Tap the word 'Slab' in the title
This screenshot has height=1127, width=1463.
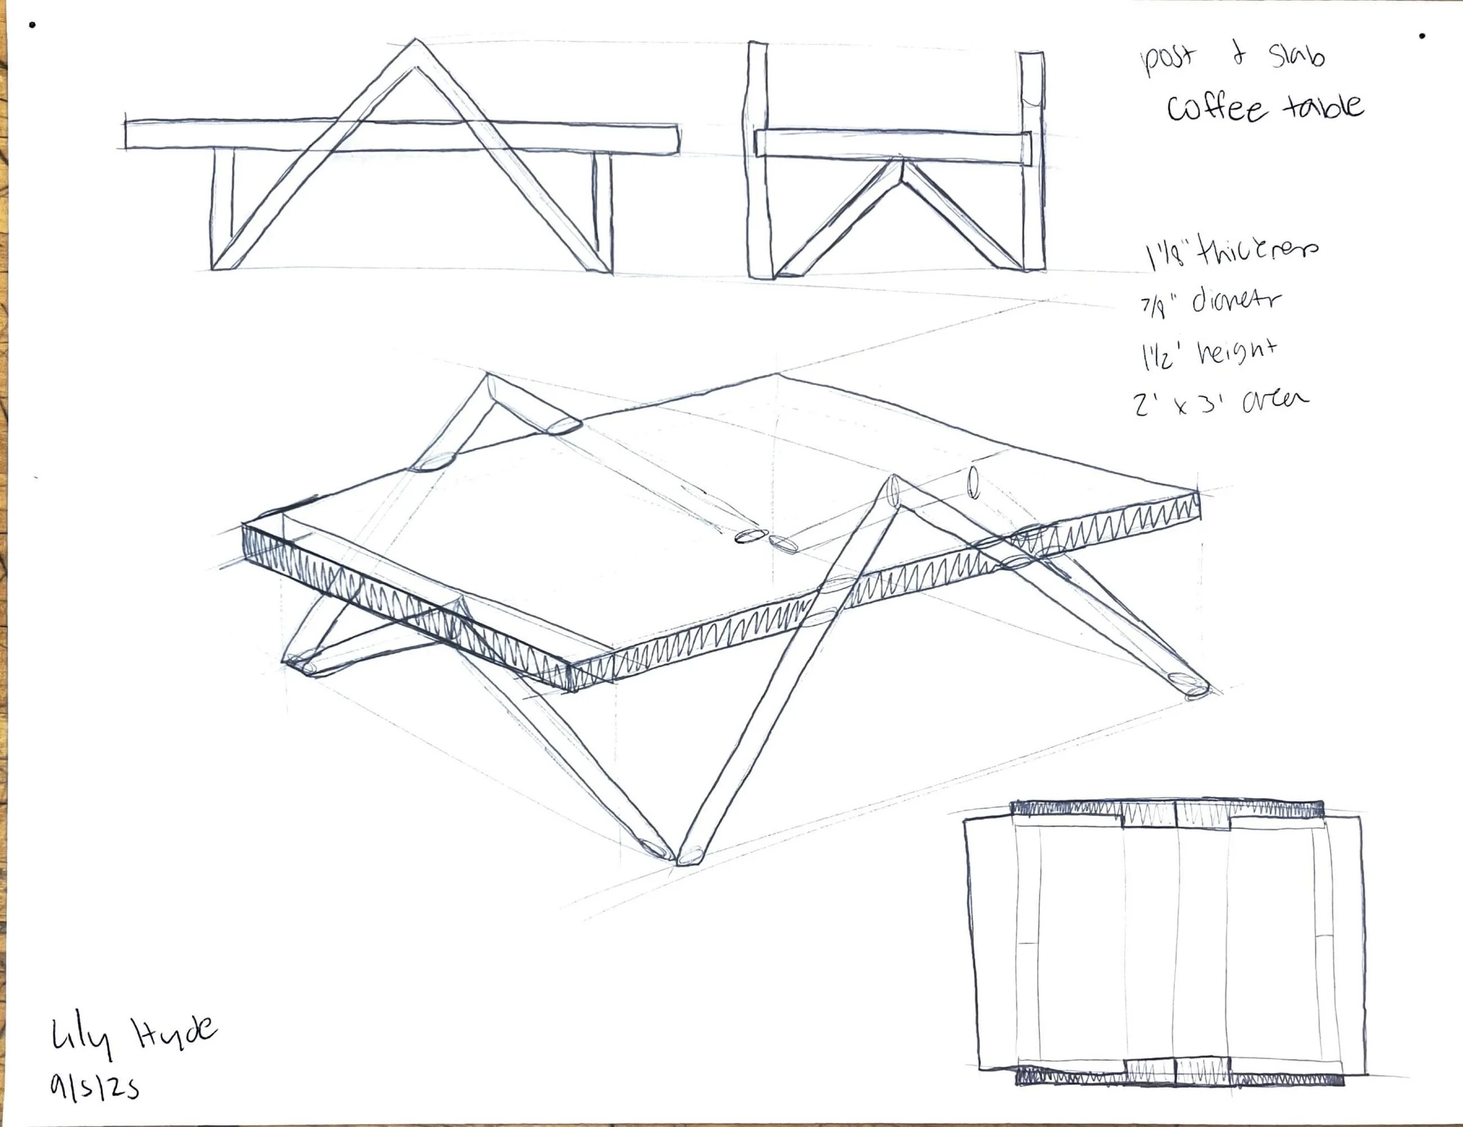[1297, 55]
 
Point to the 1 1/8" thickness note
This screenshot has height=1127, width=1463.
[1230, 254]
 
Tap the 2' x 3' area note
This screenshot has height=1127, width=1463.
[1220, 402]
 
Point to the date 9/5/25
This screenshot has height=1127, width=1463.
[94, 1086]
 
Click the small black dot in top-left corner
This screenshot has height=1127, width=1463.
[32, 25]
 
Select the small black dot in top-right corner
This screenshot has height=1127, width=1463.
[1422, 36]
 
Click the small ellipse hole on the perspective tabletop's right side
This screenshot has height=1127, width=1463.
[973, 483]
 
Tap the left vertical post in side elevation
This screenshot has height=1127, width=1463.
[758, 161]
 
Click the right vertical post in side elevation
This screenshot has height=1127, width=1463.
[1032, 161]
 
